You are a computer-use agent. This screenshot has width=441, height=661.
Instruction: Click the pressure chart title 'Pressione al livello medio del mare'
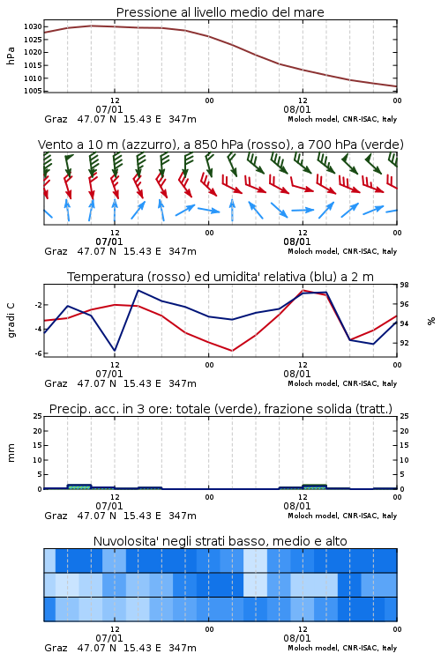(220, 12)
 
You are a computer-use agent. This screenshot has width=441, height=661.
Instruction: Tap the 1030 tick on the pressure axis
(33, 26)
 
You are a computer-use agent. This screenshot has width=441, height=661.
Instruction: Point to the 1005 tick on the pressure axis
(33, 91)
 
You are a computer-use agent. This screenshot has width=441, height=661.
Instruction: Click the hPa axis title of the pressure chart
(11, 56)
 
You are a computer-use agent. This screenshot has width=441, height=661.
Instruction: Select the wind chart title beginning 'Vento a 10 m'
(220, 145)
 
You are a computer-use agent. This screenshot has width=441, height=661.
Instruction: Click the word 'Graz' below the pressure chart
(56, 119)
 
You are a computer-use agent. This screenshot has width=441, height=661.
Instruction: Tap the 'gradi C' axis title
(11, 320)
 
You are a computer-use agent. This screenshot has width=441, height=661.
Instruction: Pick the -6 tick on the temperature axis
(38, 353)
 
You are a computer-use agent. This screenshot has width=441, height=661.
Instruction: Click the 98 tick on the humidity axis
(404, 285)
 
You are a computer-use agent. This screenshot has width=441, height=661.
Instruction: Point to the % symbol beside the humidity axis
(431, 321)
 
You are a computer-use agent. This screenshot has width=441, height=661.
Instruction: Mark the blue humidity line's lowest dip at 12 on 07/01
(115, 350)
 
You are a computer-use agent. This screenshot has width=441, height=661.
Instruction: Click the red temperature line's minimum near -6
(232, 350)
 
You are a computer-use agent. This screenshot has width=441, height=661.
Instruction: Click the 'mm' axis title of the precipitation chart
(11, 453)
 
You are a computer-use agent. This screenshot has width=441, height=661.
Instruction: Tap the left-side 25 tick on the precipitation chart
(38, 416)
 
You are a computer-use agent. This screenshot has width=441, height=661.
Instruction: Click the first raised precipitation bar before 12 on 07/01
(79, 486)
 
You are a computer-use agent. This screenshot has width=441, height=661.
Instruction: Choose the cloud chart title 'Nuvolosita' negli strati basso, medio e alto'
(220, 541)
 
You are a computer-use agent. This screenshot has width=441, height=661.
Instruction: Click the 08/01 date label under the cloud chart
(296, 638)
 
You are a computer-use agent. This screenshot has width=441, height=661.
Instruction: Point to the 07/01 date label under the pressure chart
(108, 109)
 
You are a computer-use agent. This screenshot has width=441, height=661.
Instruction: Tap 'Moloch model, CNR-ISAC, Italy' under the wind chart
(342, 252)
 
